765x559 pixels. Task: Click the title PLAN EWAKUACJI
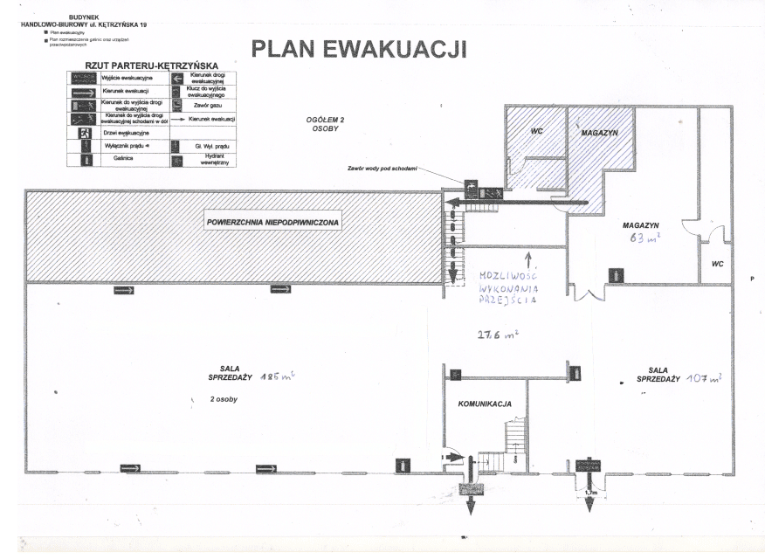tap(358, 49)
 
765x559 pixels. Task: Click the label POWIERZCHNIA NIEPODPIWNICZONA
tap(273, 223)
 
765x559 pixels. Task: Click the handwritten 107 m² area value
tap(703, 378)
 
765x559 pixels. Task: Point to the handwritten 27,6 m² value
tap(497, 334)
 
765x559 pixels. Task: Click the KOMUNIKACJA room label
tap(485, 404)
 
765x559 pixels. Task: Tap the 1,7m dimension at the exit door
tap(591, 493)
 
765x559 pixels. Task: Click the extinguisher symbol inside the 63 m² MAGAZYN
tap(617, 274)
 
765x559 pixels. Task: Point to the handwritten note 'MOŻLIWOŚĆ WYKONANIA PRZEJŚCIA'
tap(508, 286)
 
